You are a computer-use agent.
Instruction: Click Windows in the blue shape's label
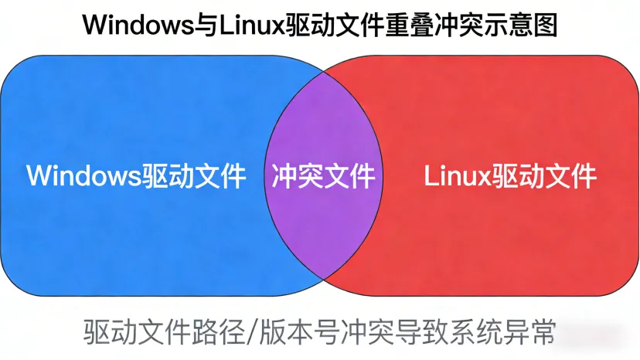coord(83,176)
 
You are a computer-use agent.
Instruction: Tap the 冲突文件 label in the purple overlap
coord(323,177)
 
